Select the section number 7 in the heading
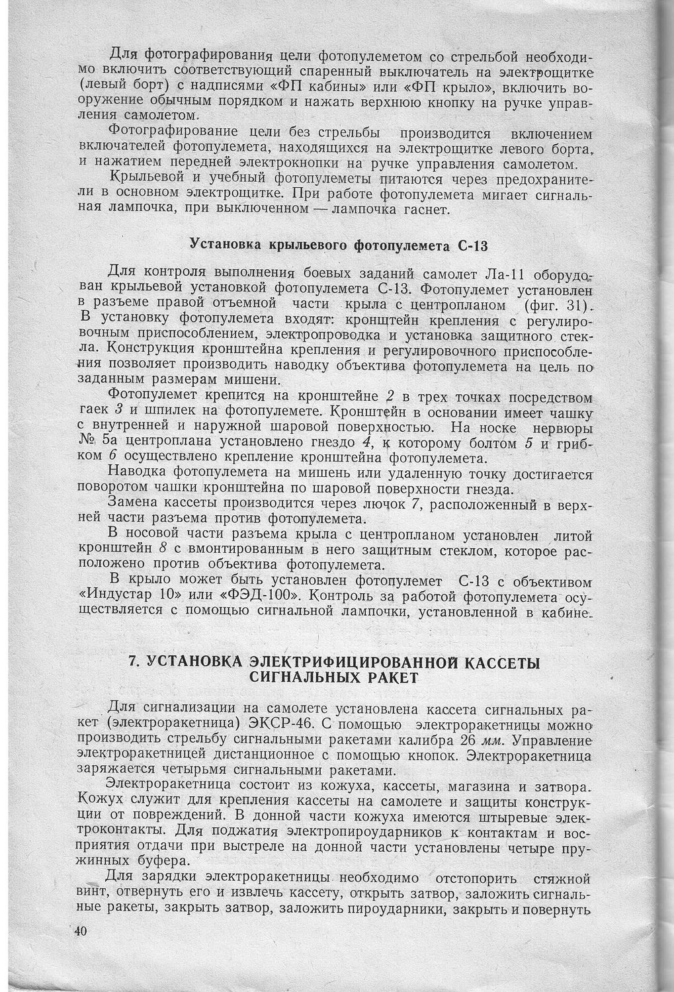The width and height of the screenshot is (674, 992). click(133, 663)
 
